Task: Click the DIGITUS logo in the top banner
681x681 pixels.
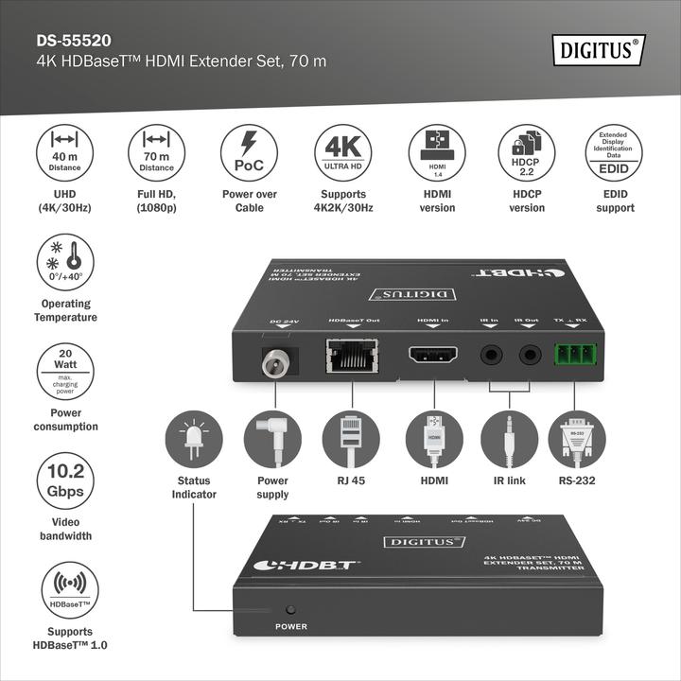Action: [599, 48]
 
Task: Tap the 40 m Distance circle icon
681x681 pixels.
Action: [64, 153]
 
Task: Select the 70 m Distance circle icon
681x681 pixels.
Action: [157, 153]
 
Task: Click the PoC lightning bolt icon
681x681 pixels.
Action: [250, 153]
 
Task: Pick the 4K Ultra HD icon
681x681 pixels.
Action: [342, 153]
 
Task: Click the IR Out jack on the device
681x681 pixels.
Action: [530, 357]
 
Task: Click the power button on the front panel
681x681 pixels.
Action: [291, 610]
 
